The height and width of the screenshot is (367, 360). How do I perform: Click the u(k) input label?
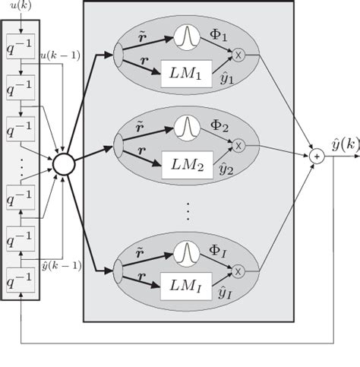pyautogui.click(x=21, y=8)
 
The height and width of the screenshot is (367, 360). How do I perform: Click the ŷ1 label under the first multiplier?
pyautogui.click(x=226, y=77)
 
